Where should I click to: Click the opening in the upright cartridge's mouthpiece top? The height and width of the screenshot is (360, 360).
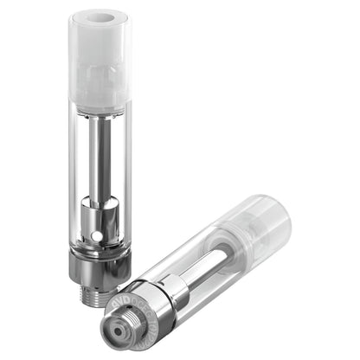pos(100,17)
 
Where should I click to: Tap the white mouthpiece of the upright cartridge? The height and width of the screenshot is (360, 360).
pos(100,56)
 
